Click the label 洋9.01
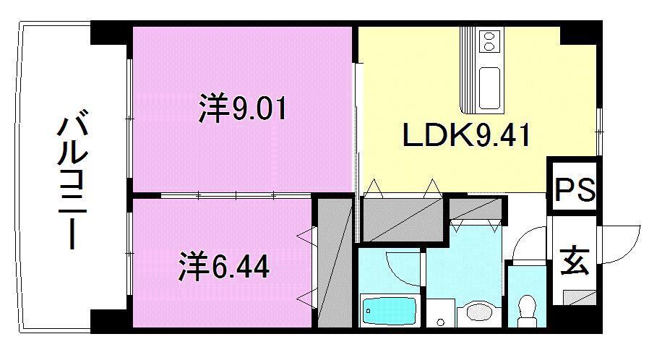243,110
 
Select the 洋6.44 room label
224,266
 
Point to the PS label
575,191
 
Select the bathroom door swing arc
403,268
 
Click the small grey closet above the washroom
476,209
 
